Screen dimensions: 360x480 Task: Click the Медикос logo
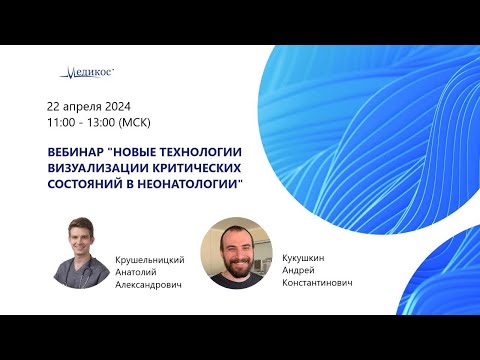click(88, 71)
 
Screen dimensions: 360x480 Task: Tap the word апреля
click(87, 107)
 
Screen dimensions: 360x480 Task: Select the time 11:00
click(62, 123)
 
